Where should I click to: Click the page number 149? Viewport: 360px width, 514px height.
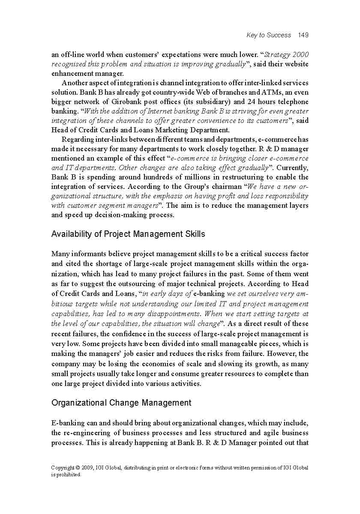(x=303, y=35)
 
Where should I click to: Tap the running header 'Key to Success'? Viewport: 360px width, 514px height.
(x=269, y=35)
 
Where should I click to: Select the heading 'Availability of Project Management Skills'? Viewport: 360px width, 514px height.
(x=128, y=234)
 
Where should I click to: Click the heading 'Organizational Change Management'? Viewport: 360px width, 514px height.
(x=121, y=403)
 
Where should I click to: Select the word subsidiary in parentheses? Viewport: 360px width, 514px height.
(x=212, y=102)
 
